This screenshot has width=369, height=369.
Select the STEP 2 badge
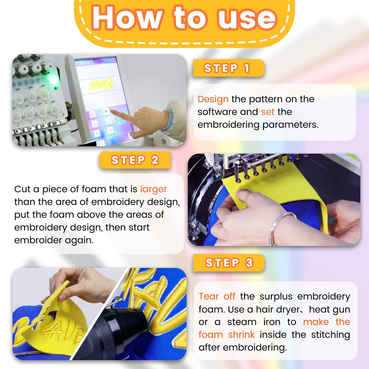tap(135, 160)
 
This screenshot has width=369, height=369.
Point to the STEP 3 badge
tap(229, 263)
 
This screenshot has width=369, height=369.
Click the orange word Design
tap(213, 99)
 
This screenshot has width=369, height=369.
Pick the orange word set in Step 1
tap(267, 112)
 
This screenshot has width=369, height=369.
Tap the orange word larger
tap(153, 189)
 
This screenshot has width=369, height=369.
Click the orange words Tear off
tap(217, 296)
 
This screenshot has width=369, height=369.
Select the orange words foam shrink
tap(226, 335)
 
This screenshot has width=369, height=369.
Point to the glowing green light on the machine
tap(53, 80)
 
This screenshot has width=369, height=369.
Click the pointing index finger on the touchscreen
tap(117, 114)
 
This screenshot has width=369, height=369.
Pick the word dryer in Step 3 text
tap(288, 309)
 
